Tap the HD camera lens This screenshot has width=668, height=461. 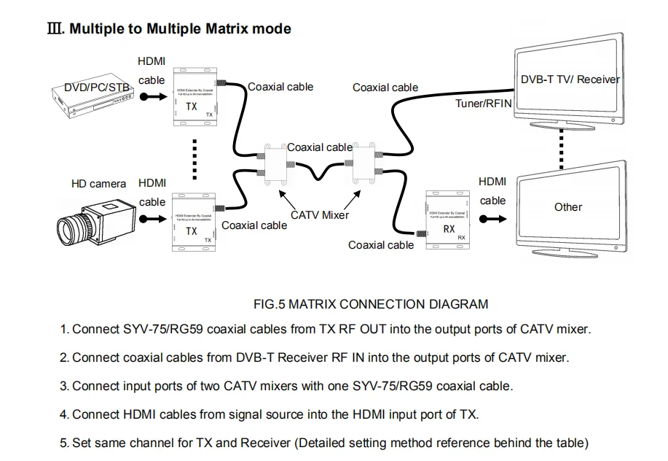74,230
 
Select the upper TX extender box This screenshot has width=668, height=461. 194,94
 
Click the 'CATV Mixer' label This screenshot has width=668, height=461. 319,215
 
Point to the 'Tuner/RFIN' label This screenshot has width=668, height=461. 484,104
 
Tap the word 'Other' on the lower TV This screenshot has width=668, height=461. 567,207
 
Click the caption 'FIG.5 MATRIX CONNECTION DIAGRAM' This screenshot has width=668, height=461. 370,304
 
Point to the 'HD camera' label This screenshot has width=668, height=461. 98,184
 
